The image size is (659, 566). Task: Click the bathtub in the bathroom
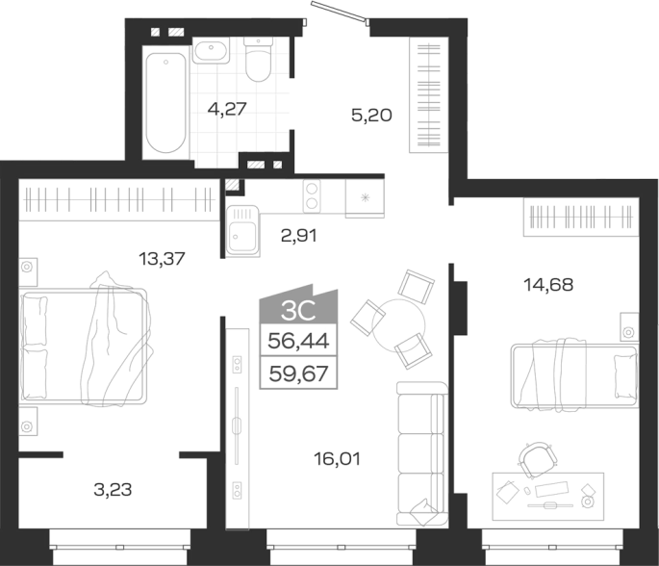coord(165,102)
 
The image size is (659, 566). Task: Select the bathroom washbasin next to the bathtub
coord(211,50)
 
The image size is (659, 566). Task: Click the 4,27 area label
coord(227,109)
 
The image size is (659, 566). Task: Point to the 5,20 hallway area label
coord(371,115)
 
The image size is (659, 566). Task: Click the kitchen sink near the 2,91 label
coord(243,231)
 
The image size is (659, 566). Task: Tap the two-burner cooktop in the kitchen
coord(312,196)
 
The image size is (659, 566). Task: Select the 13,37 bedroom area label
coord(162,259)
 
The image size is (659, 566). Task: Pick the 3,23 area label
coord(113,489)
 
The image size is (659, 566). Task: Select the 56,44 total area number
coord(298,340)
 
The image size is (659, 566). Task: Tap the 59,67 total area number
coord(298,373)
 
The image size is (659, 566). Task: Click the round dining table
coord(398,324)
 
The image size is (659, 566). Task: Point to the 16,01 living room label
coord(337,459)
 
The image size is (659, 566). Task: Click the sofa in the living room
coord(422,453)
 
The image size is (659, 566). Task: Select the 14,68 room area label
coord(548,285)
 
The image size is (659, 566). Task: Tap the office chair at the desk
coord(535,459)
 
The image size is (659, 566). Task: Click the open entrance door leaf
coord(339,12)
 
